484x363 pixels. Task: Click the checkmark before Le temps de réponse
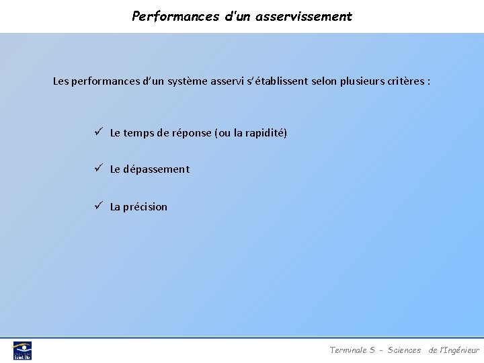98,132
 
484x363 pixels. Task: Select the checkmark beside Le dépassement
98,168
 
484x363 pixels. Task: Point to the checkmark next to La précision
98,206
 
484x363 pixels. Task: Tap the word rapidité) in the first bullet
266,133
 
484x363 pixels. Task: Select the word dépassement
157,169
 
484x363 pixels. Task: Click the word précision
145,207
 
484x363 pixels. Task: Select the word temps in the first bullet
138,133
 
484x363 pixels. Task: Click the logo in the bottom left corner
22,350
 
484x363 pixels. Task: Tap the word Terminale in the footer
348,350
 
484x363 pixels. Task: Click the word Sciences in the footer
404,350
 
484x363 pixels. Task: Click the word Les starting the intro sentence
61,81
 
